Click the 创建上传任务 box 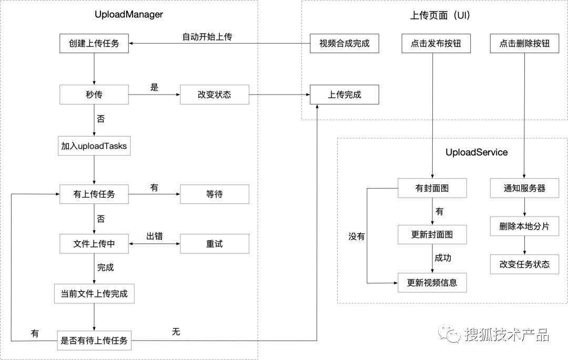click(x=94, y=43)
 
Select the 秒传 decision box click(x=94, y=95)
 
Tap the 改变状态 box click(x=214, y=95)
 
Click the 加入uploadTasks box click(x=94, y=146)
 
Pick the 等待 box click(x=214, y=194)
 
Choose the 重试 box click(x=214, y=244)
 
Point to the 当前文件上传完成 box click(x=94, y=293)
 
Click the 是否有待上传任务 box click(x=94, y=341)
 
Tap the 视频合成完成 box click(x=344, y=43)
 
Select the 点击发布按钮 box click(x=435, y=43)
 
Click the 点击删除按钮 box click(x=524, y=43)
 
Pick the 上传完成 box click(x=344, y=95)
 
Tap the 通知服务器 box click(x=524, y=188)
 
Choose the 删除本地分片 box click(x=524, y=227)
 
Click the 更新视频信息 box click(x=432, y=282)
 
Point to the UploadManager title click(x=129, y=15)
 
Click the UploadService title click(x=476, y=152)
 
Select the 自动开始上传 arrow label click(x=207, y=37)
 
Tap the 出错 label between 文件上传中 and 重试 click(x=154, y=236)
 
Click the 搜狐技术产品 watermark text click(x=506, y=334)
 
